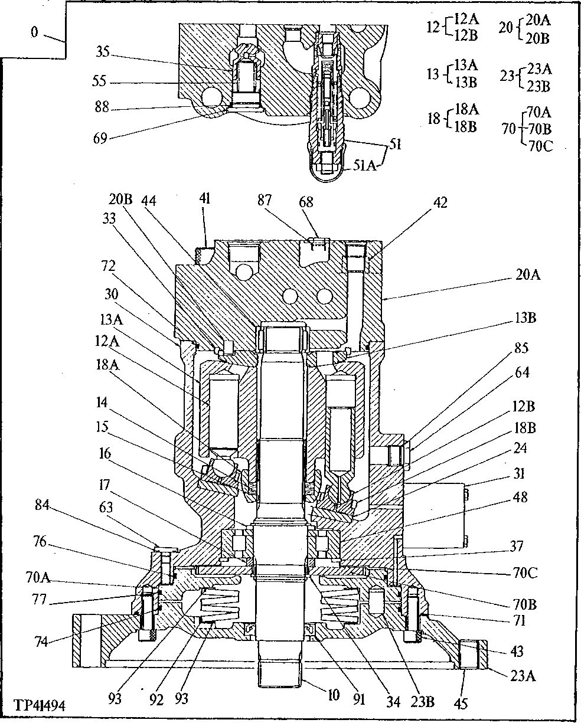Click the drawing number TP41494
coord(39,706)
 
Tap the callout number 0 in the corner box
coord(35,32)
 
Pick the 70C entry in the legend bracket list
coord(538,147)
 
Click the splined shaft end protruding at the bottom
coord(281,673)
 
